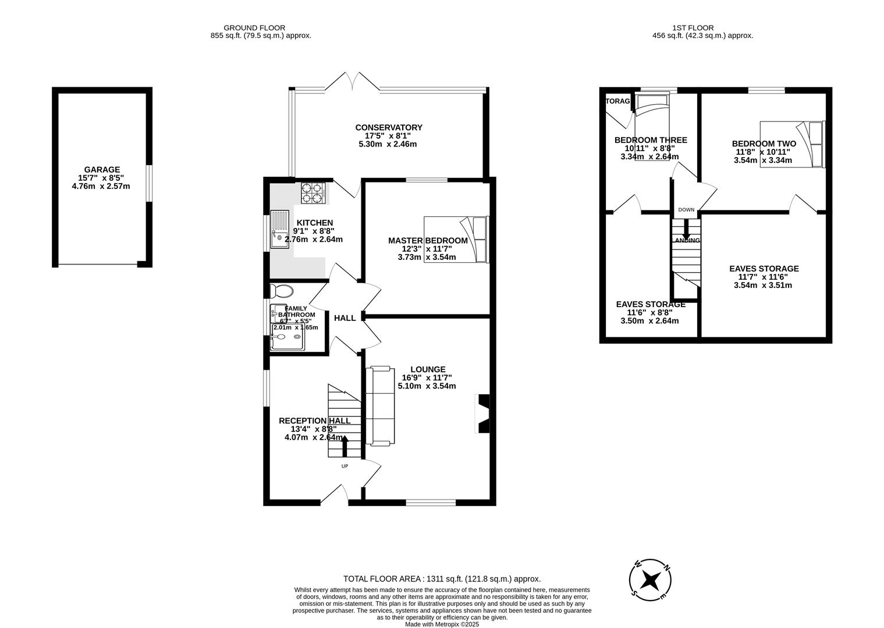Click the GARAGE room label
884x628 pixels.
point(102,170)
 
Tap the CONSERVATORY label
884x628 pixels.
point(389,128)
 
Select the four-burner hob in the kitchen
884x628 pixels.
point(312,193)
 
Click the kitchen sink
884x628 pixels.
point(279,229)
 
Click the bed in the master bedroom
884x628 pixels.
point(456,239)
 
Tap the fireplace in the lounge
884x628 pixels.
point(483,413)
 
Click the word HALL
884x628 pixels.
point(345,318)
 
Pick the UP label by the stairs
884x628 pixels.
point(345,466)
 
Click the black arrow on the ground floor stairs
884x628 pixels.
point(344,445)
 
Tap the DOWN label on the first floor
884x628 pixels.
point(686,210)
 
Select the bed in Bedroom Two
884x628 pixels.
point(792,144)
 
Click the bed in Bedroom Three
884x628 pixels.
point(652,125)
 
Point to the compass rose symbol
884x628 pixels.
point(651,580)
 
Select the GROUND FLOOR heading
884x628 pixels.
point(254,27)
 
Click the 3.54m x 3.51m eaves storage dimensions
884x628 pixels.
point(763,285)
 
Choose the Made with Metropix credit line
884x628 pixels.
point(442,624)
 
